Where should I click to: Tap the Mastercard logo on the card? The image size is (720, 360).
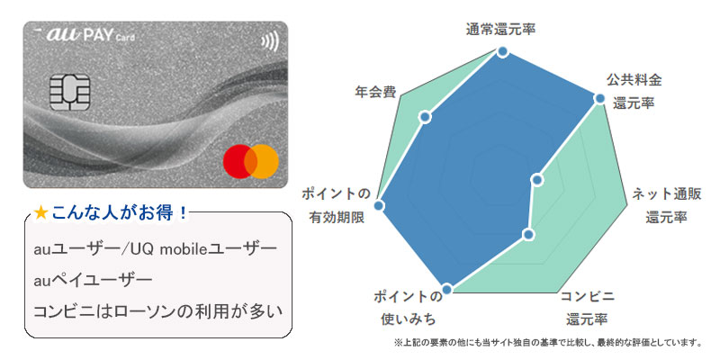250,161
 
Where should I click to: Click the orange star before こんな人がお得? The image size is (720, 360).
40,213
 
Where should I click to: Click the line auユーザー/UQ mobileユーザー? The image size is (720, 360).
155,248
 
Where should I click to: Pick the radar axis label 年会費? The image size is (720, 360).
374,91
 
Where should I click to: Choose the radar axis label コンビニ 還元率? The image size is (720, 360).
587,307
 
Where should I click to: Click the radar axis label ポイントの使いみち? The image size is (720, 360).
408,307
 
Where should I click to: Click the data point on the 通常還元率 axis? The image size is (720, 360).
502,53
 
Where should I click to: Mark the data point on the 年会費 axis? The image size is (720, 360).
427,116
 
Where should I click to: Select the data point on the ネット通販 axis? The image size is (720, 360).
537,179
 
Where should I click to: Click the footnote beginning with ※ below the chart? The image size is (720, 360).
546,343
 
